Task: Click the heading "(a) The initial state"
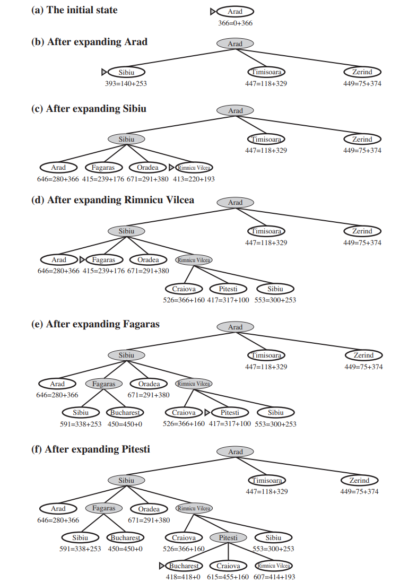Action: coord(74,10)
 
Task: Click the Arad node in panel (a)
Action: coord(235,12)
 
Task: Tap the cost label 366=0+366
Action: coord(235,23)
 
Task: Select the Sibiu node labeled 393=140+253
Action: coord(126,72)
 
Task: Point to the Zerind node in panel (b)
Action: coord(362,72)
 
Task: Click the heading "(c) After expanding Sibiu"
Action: coord(89,109)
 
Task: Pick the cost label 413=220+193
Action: coord(193,179)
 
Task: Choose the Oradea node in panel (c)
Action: coord(147,168)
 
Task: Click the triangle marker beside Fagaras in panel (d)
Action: coord(82,260)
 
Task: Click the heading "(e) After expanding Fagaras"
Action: coord(95,324)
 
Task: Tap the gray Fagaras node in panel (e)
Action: coord(103,384)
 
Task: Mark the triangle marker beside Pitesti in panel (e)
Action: coord(207,413)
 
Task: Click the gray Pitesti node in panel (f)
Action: coord(228,537)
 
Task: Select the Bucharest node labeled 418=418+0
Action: coord(183,566)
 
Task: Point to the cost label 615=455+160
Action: coord(228,577)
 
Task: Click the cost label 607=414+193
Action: coord(274,577)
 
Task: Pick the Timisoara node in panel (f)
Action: coord(266,481)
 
